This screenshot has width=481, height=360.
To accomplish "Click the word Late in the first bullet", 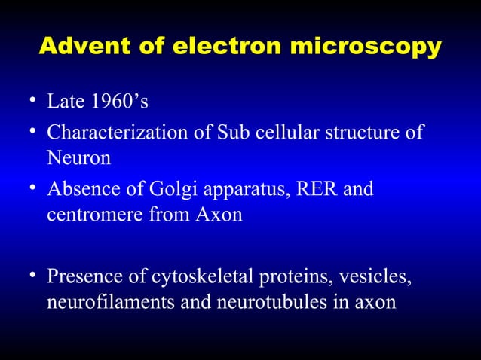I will pos(64,102).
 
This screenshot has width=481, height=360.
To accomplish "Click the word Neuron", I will pos(78,158).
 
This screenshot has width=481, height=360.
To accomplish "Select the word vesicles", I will pos(378,276).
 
